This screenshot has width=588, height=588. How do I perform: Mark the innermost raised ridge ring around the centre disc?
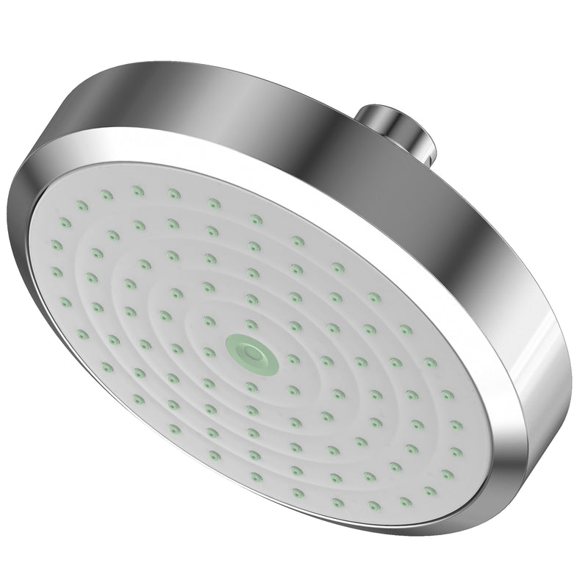tap(220, 323)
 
